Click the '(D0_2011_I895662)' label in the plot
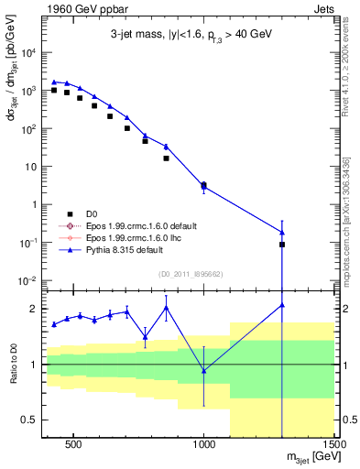(x=191, y=274)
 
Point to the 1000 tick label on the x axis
(x=204, y=449)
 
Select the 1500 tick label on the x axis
(x=333, y=449)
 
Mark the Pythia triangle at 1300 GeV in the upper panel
(x=282, y=232)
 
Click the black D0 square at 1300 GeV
(x=282, y=245)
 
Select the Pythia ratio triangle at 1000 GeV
(x=204, y=370)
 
